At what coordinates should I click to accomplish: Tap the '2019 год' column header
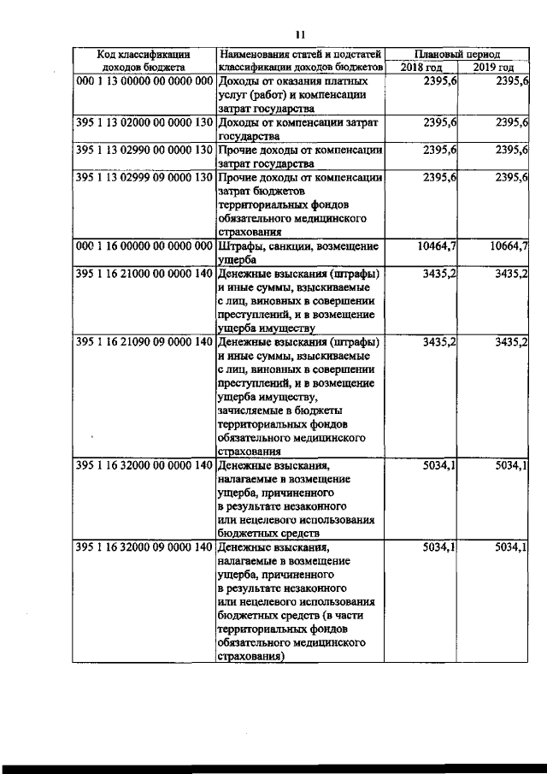point(494,67)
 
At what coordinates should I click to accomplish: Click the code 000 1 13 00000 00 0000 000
point(144,81)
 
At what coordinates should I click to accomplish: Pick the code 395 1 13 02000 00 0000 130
point(144,123)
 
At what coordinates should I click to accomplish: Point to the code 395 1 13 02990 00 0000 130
point(144,151)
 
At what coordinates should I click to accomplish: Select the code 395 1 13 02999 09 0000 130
point(144,178)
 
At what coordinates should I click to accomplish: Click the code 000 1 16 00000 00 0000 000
point(144,247)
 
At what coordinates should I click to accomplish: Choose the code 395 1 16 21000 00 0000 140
point(144,275)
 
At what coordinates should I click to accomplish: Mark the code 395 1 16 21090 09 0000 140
point(144,343)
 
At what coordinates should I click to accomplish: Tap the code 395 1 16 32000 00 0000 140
point(144,466)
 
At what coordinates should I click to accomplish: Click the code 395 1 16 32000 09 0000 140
point(144,547)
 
